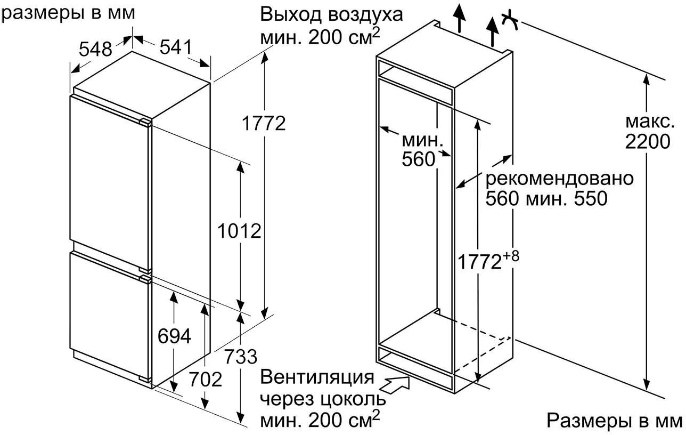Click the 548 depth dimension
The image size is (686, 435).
point(96,50)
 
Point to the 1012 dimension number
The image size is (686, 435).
point(240,231)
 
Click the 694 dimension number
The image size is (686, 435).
point(174,336)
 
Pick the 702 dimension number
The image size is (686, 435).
point(205,380)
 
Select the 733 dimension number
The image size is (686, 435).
point(240,356)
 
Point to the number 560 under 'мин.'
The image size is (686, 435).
point(418,159)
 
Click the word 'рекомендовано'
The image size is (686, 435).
point(559,178)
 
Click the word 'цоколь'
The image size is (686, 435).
point(357,399)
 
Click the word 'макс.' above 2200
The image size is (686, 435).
point(648,122)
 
